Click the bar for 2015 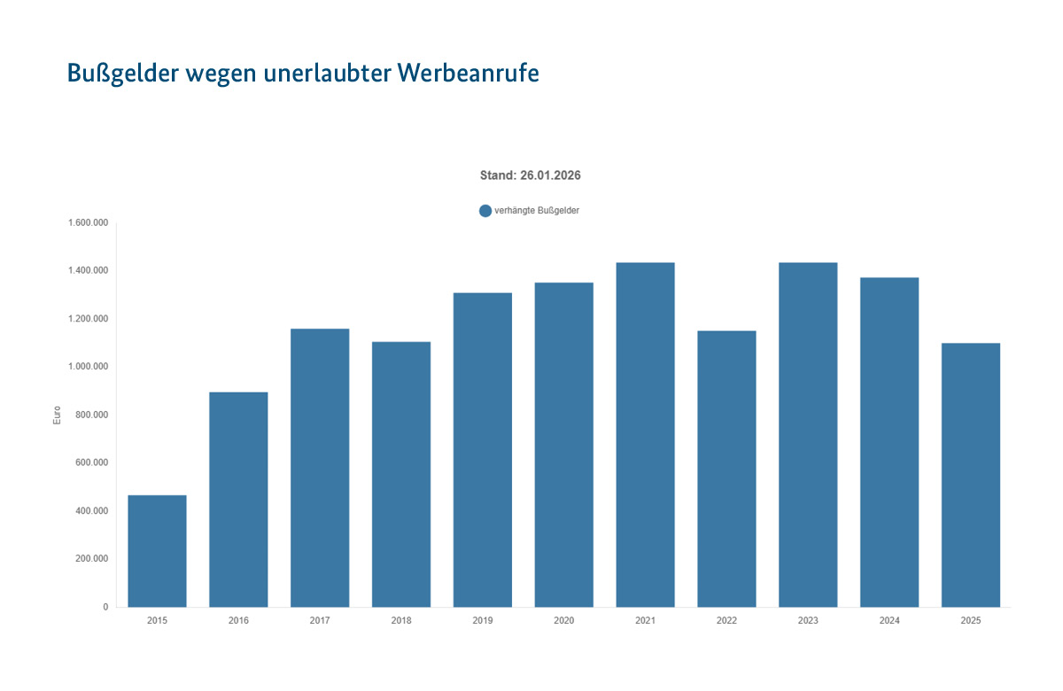click(157, 551)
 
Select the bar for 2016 click(238, 500)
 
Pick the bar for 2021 click(645, 435)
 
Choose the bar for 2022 click(726, 469)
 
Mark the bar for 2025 click(971, 475)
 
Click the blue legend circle click(485, 211)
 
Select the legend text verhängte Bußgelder click(537, 211)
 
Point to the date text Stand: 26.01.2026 click(530, 175)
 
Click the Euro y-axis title click(57, 415)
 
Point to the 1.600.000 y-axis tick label click(88, 222)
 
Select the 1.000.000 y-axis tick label click(88, 367)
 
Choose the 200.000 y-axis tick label click(91, 559)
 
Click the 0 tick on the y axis click(105, 607)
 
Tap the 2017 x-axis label click(320, 621)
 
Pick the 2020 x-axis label click(563, 621)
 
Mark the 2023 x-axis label click(808, 621)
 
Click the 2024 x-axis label click(889, 621)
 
